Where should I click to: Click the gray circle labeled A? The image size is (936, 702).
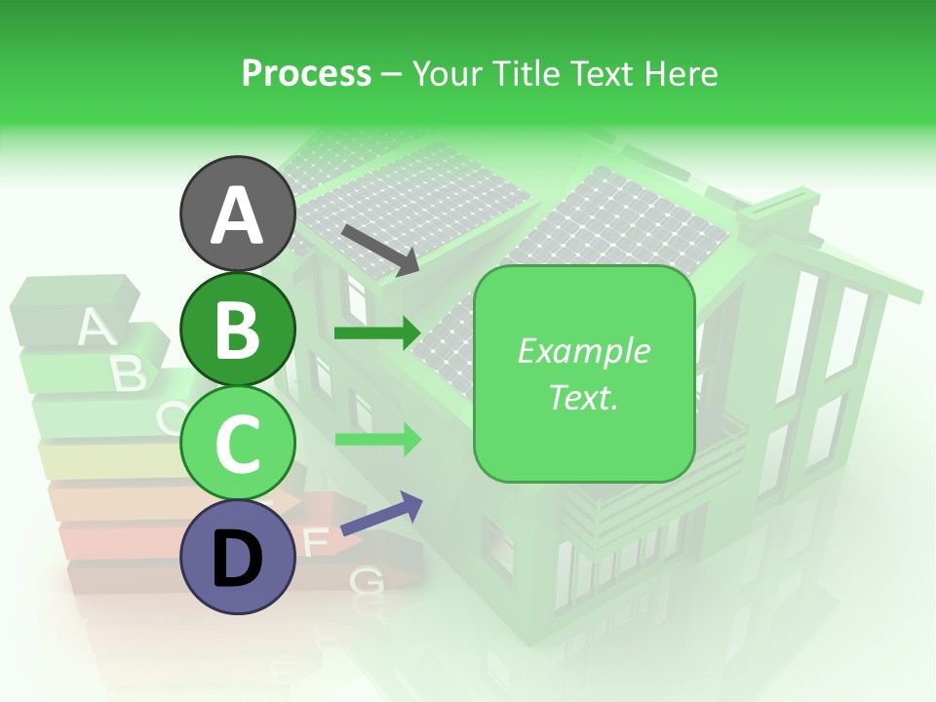[238, 214]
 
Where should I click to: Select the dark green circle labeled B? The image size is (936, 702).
[238, 329]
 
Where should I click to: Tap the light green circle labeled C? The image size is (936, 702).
[238, 443]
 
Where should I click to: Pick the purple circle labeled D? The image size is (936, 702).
[238, 557]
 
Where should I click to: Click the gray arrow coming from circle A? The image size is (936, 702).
[380, 249]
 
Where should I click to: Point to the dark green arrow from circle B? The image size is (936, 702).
[377, 333]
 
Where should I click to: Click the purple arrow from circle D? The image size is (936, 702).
[381, 514]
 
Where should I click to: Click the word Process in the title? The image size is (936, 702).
[306, 74]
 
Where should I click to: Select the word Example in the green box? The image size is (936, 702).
[583, 351]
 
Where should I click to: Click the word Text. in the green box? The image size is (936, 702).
[583, 397]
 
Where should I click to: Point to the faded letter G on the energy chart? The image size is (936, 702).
[366, 581]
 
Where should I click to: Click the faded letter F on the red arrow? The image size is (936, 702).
[314, 542]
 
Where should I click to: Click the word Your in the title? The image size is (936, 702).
[447, 74]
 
